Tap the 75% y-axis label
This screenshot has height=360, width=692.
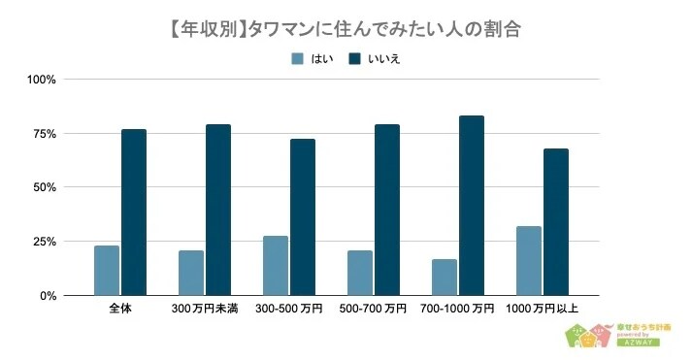click(x=47, y=133)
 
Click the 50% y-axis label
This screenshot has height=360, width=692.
click(x=47, y=187)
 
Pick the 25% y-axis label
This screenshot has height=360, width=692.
click(x=47, y=242)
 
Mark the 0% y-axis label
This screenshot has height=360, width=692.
click(x=50, y=295)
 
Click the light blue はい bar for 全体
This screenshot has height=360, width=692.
click(x=107, y=270)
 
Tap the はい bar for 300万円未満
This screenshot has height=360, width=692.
click(x=191, y=273)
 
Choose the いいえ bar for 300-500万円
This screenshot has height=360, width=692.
click(x=303, y=216)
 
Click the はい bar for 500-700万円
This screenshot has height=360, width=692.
click(x=360, y=273)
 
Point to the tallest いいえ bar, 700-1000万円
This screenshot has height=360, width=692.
click(x=472, y=205)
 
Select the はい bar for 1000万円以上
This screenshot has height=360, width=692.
click(x=529, y=260)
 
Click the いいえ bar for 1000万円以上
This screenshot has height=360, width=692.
click(x=556, y=221)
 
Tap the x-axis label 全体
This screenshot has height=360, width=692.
click(x=120, y=309)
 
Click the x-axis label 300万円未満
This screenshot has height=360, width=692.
click(x=205, y=309)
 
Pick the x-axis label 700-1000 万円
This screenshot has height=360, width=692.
click(x=458, y=309)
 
